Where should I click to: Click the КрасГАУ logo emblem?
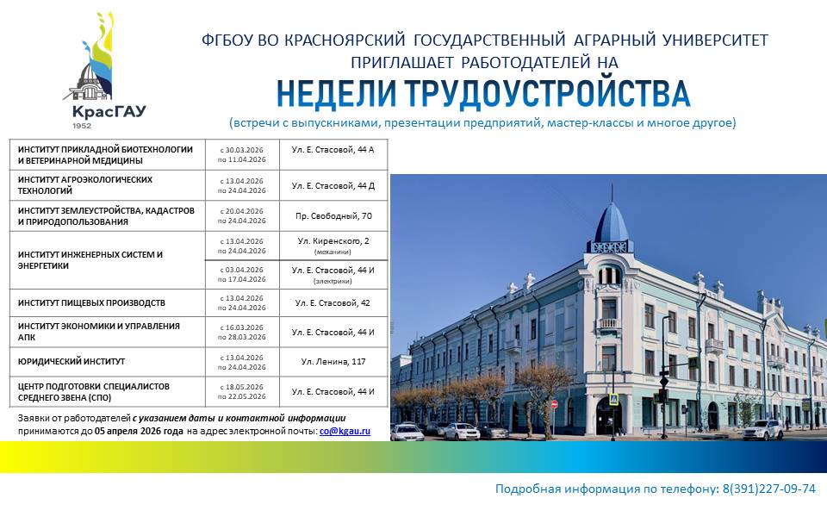[x=90, y=57]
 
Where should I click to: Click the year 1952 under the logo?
[x=82, y=126]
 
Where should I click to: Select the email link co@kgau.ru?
[x=345, y=431]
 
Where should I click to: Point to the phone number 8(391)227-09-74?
[x=769, y=489]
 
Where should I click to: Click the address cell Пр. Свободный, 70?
[x=333, y=215]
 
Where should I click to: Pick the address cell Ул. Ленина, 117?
[x=333, y=361]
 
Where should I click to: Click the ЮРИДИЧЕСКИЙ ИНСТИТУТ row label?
[x=72, y=361]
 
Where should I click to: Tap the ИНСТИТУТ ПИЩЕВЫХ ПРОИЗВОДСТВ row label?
[x=91, y=302]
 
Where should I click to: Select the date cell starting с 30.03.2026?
[x=242, y=154]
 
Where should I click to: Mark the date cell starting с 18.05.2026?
[x=242, y=391]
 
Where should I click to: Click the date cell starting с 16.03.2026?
[x=242, y=332]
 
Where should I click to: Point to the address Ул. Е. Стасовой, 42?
[x=333, y=302]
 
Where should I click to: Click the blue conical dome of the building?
[x=612, y=221]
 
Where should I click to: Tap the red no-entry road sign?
[x=554, y=404]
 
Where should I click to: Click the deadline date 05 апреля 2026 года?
[x=140, y=431]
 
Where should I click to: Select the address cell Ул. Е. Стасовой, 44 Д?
[x=333, y=186]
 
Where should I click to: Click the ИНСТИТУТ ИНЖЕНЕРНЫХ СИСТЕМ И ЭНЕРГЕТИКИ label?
[x=90, y=260]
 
